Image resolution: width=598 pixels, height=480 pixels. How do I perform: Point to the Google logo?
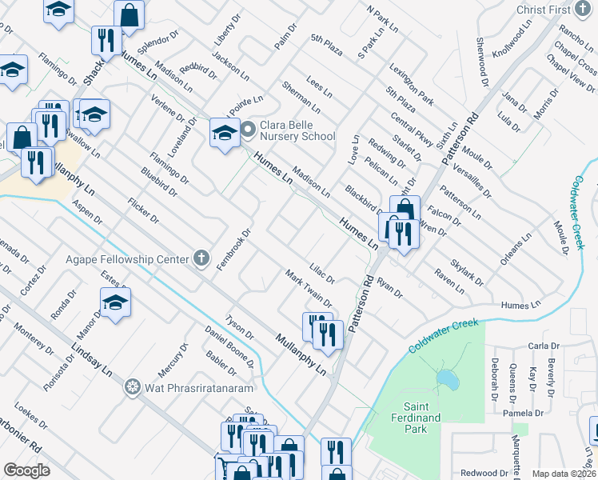point(26,470)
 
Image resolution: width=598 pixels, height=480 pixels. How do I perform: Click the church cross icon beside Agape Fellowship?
point(201,258)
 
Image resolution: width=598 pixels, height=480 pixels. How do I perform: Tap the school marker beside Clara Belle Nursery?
point(225,132)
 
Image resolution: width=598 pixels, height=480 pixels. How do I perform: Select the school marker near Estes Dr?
point(115,304)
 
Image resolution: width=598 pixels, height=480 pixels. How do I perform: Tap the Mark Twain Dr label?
point(308,288)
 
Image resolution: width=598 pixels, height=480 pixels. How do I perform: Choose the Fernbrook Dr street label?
point(236,250)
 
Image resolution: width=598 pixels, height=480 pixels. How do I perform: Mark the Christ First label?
point(564,9)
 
